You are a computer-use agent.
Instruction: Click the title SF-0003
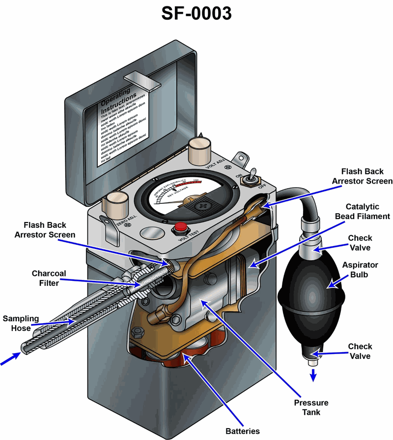tap(196, 14)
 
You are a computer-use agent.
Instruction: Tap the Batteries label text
tap(243, 431)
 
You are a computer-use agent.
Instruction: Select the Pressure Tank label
tap(311, 408)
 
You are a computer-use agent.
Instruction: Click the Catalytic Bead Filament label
tap(367, 212)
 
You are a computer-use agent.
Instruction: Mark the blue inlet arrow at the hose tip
tap(9, 360)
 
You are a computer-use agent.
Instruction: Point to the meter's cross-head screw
tap(201, 207)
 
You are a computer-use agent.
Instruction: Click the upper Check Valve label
tap(360, 243)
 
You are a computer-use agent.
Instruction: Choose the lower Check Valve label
tap(360, 351)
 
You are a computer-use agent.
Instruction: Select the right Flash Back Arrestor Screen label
tap(363, 176)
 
